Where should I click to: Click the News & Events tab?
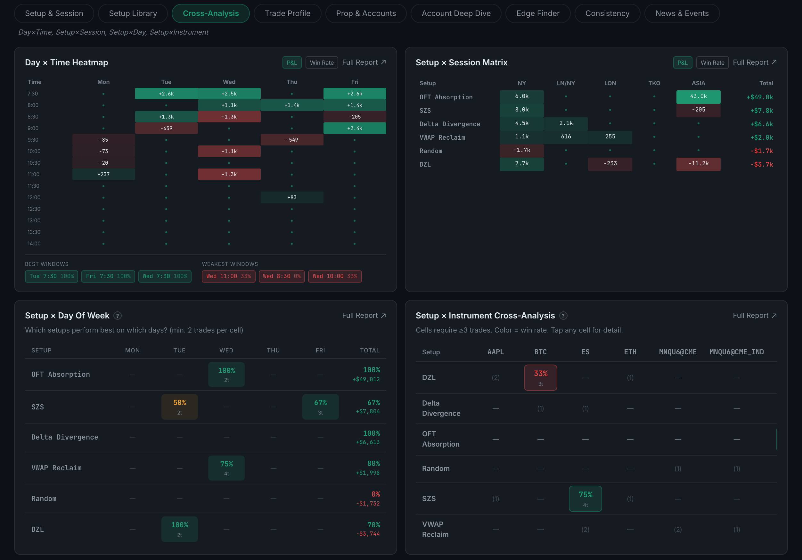[x=682, y=13]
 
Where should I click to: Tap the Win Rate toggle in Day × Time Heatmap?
[x=322, y=62]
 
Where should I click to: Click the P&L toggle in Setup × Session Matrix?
[x=682, y=62]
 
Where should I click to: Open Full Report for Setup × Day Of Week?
[x=364, y=316]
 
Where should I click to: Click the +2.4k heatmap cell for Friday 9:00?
[x=355, y=128]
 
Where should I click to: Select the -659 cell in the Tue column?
[x=166, y=128]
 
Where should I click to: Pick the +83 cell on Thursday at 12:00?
[x=292, y=197]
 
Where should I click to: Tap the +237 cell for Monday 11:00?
[x=103, y=174]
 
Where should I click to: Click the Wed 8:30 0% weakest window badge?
[x=282, y=276]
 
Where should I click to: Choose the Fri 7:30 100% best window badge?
[x=108, y=276]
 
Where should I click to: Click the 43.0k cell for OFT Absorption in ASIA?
[x=698, y=97]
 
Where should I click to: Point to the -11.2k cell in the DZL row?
[x=698, y=164]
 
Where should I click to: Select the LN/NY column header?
[x=566, y=83]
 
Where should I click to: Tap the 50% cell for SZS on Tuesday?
[x=180, y=407]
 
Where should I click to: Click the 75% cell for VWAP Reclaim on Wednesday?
[x=226, y=468]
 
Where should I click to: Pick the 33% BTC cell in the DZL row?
[x=540, y=378]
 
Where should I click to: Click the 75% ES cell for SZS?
[x=585, y=499]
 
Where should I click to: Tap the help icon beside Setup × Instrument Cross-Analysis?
[x=563, y=316]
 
